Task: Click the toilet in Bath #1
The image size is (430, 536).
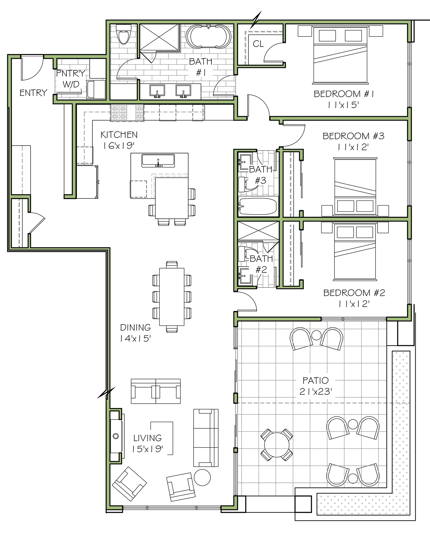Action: [124, 34]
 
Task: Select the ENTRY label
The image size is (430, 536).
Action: [33, 92]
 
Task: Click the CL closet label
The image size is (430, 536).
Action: [258, 44]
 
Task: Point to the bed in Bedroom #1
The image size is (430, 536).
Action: [340, 55]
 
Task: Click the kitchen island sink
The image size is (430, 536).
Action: [158, 160]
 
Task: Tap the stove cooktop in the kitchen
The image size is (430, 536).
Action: [127, 113]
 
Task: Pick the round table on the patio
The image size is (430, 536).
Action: [277, 444]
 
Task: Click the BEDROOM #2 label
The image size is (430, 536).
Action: [354, 293]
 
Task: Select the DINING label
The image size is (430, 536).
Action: [135, 327]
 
